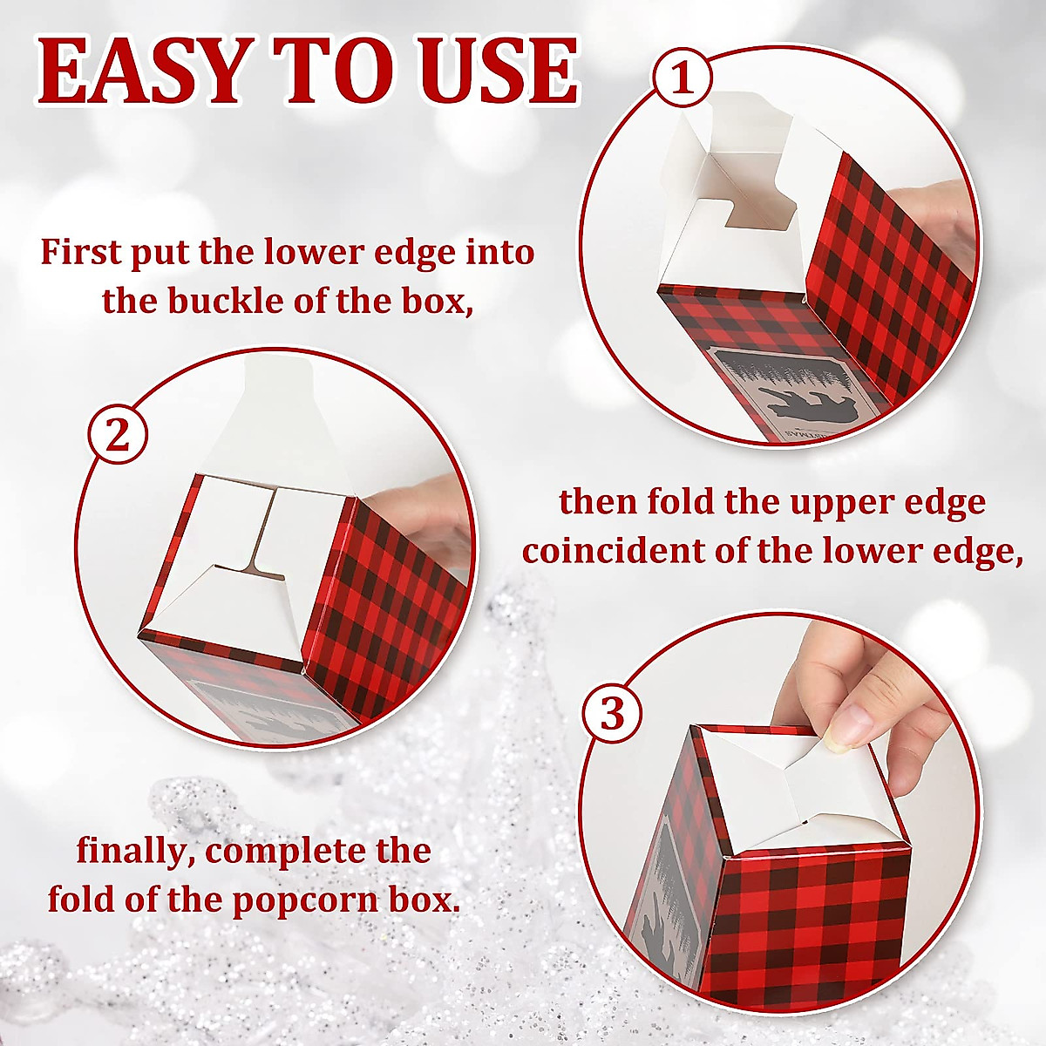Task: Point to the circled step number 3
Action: (x=613, y=715)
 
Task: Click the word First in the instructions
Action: (x=81, y=253)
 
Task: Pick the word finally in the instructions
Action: (x=133, y=850)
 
